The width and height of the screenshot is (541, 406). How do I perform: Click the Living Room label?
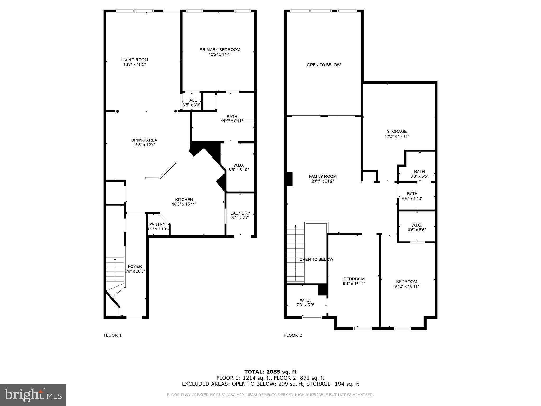(x=134, y=60)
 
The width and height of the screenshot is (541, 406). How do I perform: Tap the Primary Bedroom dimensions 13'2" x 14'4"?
(x=220, y=54)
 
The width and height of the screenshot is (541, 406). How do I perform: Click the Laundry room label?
(x=240, y=213)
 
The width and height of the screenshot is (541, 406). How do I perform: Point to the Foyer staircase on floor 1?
(x=115, y=270)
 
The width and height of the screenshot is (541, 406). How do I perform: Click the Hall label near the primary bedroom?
(x=192, y=100)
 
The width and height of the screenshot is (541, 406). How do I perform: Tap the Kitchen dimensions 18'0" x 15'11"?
(x=184, y=204)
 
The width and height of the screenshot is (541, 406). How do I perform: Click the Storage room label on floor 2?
(x=397, y=132)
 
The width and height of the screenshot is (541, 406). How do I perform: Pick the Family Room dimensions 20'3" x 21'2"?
(x=323, y=181)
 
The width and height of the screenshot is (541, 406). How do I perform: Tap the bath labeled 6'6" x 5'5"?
(x=419, y=174)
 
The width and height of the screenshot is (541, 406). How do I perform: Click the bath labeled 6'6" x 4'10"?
(x=412, y=196)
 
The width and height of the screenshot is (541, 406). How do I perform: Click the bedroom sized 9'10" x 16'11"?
(x=406, y=284)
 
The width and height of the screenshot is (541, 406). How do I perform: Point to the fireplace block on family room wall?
(x=290, y=179)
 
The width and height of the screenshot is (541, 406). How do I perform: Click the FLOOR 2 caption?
(x=293, y=335)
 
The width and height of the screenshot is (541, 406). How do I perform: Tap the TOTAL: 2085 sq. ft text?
(x=270, y=372)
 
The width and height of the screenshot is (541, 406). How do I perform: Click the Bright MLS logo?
(x=33, y=395)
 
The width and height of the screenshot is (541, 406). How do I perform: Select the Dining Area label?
(x=144, y=140)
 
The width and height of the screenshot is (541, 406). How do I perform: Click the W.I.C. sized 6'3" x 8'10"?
(x=239, y=168)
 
